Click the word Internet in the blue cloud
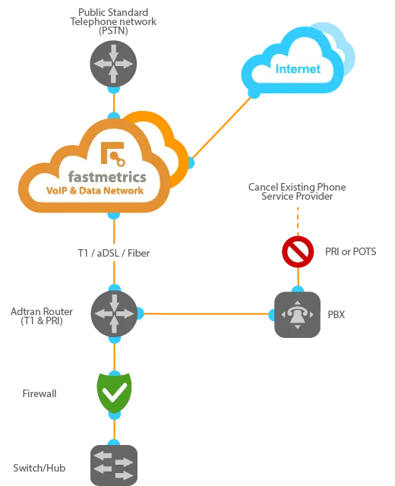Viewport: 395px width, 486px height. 298,69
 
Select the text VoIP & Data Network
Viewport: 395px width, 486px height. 95,191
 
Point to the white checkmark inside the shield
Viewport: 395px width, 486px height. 114,391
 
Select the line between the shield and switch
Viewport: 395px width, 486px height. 113,427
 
